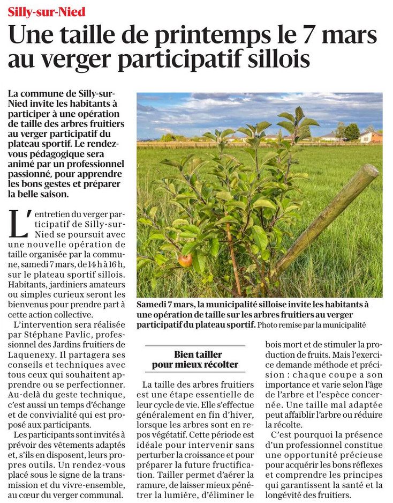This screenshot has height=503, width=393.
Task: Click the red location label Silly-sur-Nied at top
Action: tap(47, 12)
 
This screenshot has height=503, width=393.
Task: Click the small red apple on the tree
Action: tap(185, 260)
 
